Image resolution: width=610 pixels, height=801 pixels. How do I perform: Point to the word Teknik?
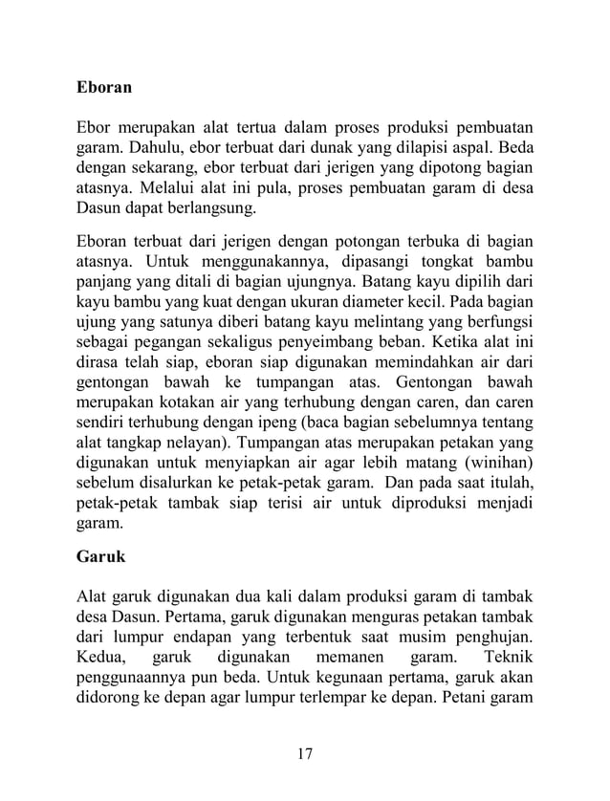coord(510,658)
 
